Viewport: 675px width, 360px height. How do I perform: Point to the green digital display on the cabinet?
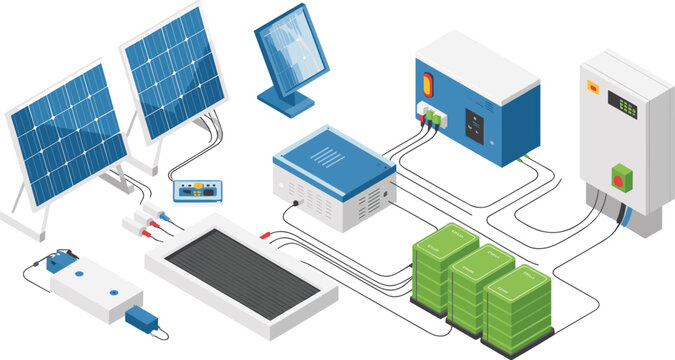622,104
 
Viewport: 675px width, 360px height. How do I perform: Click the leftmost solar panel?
67,136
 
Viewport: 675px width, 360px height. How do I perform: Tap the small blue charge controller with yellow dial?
195,188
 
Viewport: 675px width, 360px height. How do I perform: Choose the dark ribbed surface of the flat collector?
242,272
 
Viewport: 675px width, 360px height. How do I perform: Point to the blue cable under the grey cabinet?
624,216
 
